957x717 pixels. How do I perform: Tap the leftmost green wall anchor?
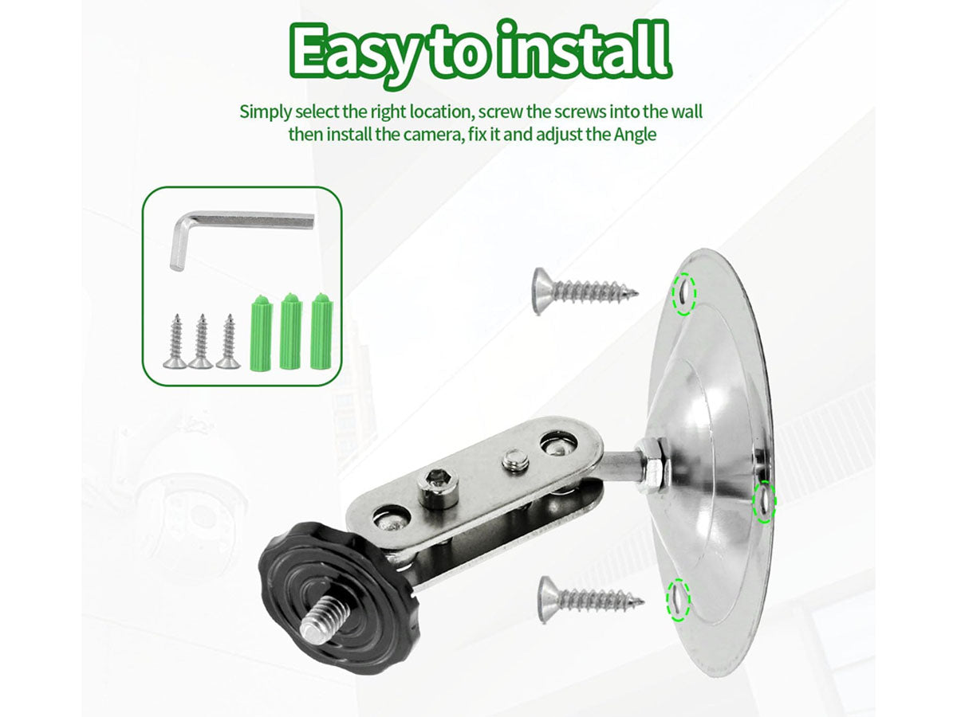tap(262, 332)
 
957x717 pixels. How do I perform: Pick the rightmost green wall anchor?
tap(321, 331)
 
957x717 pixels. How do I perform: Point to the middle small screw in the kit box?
tap(201, 341)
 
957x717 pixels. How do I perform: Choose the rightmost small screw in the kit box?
tap(228, 341)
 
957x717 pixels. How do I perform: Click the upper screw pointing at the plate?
tap(585, 290)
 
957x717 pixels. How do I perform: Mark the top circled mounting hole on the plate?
tap(683, 293)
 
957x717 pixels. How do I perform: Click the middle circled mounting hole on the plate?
tap(764, 502)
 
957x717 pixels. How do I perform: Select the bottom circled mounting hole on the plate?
tap(678, 600)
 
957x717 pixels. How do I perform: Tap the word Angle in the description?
tap(635, 134)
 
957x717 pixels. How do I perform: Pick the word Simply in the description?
tap(266, 112)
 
